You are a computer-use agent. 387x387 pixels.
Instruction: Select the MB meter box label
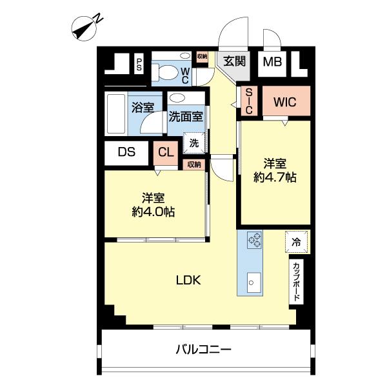click(x=271, y=63)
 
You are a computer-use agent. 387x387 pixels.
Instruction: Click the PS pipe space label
click(x=138, y=64)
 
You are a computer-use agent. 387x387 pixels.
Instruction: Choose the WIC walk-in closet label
click(x=284, y=102)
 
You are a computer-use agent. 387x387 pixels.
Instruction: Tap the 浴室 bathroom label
click(x=142, y=108)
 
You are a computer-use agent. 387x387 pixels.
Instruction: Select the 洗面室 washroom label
click(x=186, y=117)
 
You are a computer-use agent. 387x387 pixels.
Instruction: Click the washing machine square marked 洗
click(x=194, y=143)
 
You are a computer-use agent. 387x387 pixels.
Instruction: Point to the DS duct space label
click(x=126, y=153)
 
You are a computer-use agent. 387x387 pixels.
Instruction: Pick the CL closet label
click(x=166, y=153)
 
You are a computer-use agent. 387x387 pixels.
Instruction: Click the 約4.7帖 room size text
click(x=275, y=177)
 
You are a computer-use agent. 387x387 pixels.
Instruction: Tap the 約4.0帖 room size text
click(x=152, y=211)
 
